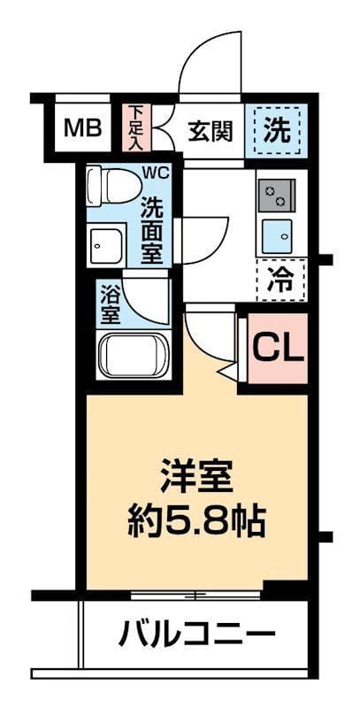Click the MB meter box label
click(x=82, y=127)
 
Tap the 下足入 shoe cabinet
click(x=135, y=127)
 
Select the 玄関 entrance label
click(x=211, y=131)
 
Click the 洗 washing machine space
click(x=277, y=130)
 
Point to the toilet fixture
click(x=113, y=185)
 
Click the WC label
click(x=156, y=172)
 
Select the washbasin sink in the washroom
click(x=106, y=246)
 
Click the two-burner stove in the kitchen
click(x=277, y=195)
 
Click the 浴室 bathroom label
click(x=110, y=304)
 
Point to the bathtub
click(x=134, y=355)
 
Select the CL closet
click(x=278, y=348)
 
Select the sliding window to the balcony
click(x=195, y=596)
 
